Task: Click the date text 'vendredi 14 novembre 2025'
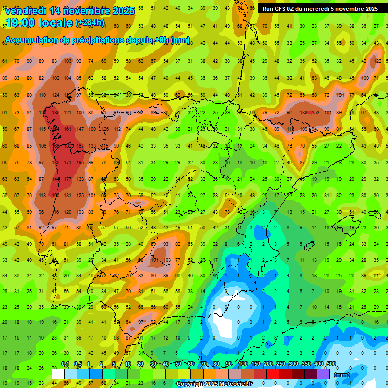70,11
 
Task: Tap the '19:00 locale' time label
39,23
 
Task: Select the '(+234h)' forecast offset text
90,23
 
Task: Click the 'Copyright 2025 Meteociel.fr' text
214,384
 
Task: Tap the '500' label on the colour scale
331,364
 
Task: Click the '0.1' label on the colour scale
65,364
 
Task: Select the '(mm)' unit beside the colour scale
342,375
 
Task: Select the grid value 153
316,112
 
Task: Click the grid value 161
67,129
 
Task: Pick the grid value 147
79,129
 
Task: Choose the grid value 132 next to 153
303,112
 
